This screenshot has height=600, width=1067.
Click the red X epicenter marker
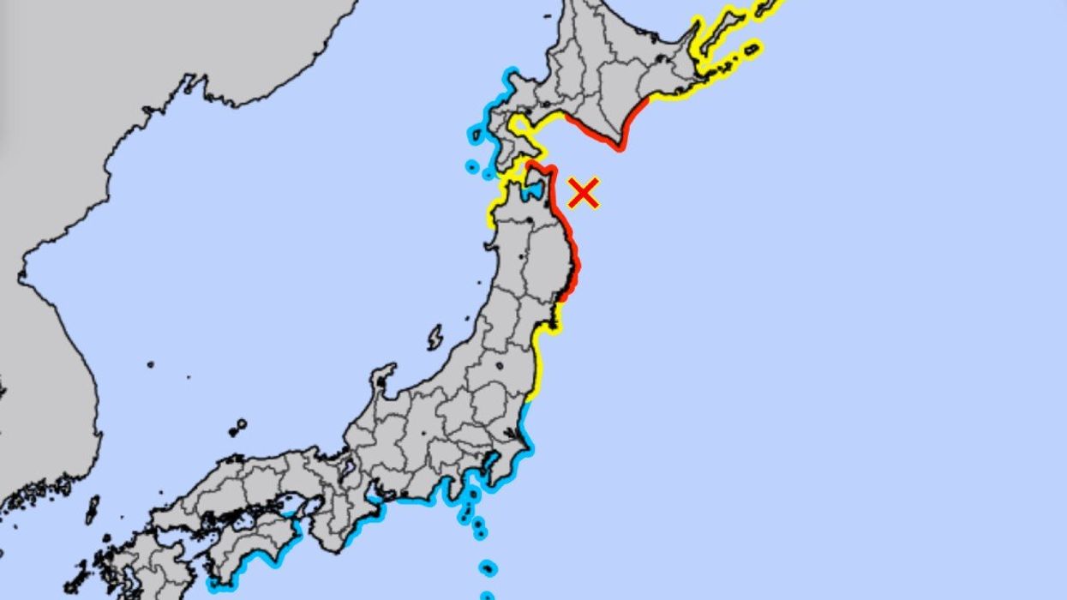tap(584, 193)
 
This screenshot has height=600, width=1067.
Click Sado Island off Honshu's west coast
tap(435, 338)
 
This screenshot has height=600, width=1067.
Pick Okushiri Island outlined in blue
tap(471, 166)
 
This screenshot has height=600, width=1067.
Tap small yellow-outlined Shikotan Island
tap(752, 49)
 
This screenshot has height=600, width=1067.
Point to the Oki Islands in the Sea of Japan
tap(237, 425)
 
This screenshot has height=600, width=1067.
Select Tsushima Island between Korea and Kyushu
tap(92, 510)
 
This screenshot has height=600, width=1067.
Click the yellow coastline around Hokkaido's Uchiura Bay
tap(522, 129)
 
